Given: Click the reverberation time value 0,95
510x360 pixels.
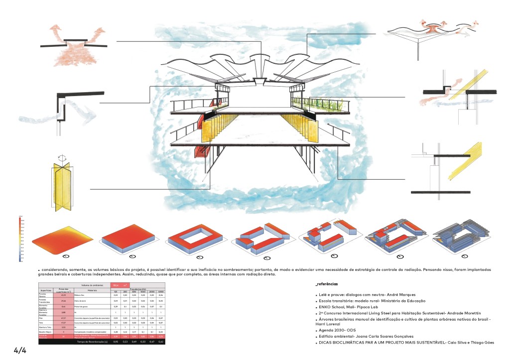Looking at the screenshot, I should point(116,342).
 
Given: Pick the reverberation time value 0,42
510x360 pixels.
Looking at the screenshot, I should point(160,342).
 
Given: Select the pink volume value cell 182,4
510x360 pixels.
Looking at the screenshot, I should point(116,285).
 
